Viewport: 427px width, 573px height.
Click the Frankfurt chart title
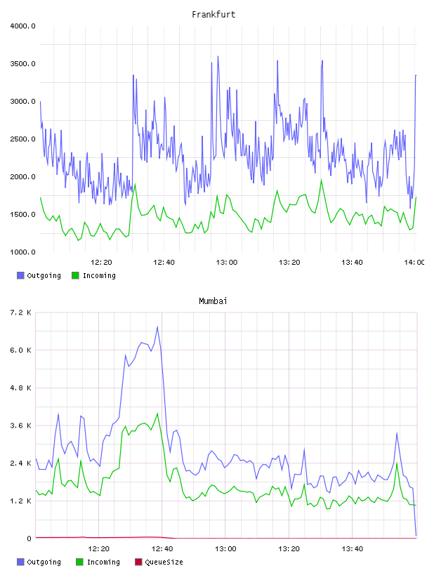pyautogui.click(x=213, y=15)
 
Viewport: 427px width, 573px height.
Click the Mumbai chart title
pyautogui.click(x=213, y=301)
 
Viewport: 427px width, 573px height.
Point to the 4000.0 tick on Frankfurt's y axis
pyautogui.click(x=22, y=26)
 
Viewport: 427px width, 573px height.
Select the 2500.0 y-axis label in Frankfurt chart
pyautogui.click(x=22, y=139)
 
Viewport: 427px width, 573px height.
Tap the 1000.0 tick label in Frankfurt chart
pyautogui.click(x=22, y=252)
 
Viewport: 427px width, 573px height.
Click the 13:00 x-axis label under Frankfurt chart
pyautogui.click(x=227, y=262)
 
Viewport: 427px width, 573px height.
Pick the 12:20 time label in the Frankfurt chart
pyautogui.click(x=101, y=262)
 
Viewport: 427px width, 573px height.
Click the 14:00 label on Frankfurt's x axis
pyautogui.click(x=414, y=262)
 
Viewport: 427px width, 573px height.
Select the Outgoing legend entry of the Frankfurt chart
pyautogui.click(x=39, y=275)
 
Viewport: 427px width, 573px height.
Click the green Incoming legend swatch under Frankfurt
pyautogui.click(x=75, y=275)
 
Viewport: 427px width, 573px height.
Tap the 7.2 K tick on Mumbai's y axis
pyautogui.click(x=21, y=312)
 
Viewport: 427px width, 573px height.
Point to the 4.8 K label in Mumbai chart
pyautogui.click(x=21, y=388)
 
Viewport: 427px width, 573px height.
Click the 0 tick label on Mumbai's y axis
pyautogui.click(x=29, y=539)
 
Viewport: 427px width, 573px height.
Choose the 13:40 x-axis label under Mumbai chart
pyautogui.click(x=352, y=548)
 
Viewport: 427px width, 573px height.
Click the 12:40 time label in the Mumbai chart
pyautogui.click(x=162, y=548)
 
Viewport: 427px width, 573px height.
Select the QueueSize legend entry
pyautogui.click(x=159, y=562)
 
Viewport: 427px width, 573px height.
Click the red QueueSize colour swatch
pyautogui.click(x=138, y=562)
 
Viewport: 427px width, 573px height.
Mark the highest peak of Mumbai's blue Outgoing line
pyautogui.click(x=157, y=327)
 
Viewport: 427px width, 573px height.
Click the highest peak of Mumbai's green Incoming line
pyautogui.click(x=157, y=414)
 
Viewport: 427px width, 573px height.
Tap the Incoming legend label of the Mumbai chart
pyautogui.click(x=103, y=562)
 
